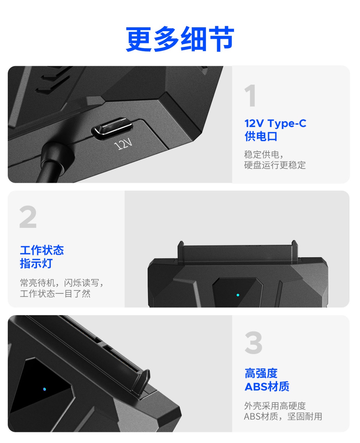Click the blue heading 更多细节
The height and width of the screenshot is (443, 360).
pyautogui.click(x=180, y=39)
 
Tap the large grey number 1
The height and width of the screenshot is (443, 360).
pyautogui.click(x=250, y=95)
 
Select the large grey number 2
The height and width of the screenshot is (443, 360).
pyautogui.click(x=28, y=217)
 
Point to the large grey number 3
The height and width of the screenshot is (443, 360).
pyautogui.click(x=253, y=342)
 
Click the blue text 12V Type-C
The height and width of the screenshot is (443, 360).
pyautogui.click(x=275, y=123)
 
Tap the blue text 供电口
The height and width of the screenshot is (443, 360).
pyautogui.click(x=261, y=137)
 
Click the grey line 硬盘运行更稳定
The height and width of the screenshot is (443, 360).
pyautogui.click(x=275, y=165)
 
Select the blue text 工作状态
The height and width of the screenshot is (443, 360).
pyautogui.click(x=42, y=250)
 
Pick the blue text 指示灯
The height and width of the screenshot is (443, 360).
pyautogui.click(x=36, y=263)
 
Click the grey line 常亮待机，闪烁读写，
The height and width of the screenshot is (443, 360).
pyautogui.click(x=61, y=283)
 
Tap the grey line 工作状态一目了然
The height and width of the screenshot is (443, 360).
pyautogui.click(x=55, y=294)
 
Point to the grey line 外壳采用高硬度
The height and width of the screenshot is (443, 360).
pyautogui.click(x=275, y=406)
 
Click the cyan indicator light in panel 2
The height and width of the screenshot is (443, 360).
pyautogui.click(x=238, y=295)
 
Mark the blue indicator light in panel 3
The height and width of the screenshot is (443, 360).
pyautogui.click(x=44, y=389)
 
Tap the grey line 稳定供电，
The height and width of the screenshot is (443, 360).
pyautogui.click(x=264, y=155)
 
